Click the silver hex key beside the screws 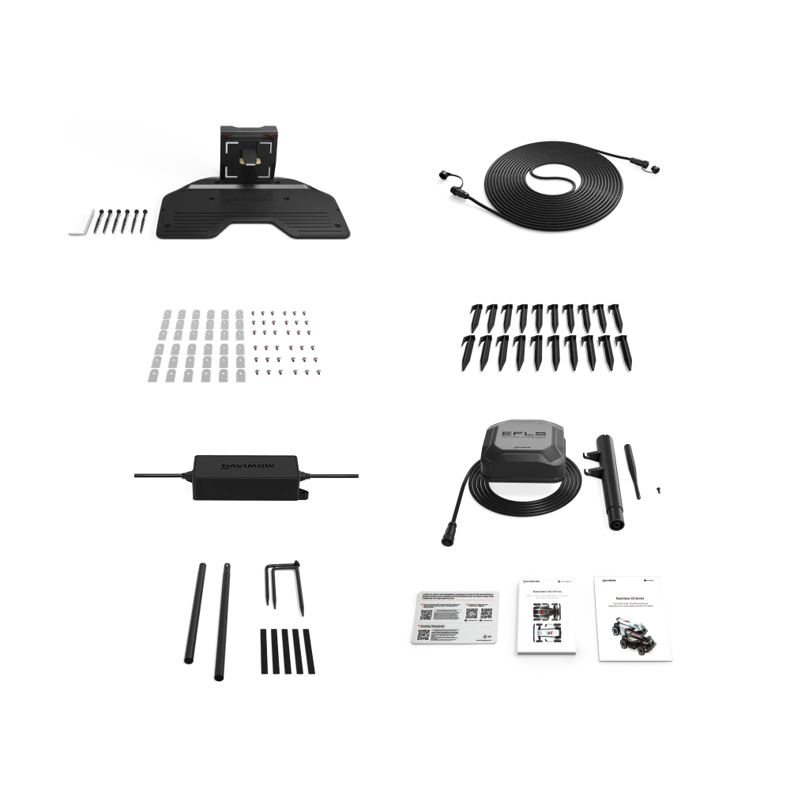pyautogui.click(x=75, y=228)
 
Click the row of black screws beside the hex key pyautogui.click(x=120, y=221)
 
